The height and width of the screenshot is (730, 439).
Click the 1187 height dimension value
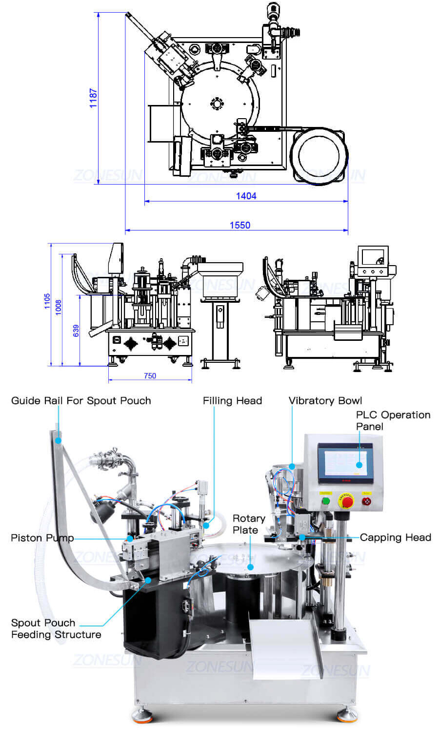point(93,98)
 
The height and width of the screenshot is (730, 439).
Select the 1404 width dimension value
point(246,196)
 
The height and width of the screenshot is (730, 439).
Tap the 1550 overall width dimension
point(239,225)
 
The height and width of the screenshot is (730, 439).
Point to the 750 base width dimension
point(150,375)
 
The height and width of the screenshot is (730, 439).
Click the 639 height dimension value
point(76,331)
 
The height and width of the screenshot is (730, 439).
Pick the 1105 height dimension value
point(47,301)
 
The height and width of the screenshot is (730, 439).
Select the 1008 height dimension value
point(59,307)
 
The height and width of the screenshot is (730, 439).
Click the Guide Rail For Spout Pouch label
point(81,400)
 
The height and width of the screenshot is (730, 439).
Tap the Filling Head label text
point(232,400)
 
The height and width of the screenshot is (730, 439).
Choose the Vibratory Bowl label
point(325,400)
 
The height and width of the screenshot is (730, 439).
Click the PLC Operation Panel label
point(393,420)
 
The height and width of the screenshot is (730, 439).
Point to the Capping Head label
point(395,537)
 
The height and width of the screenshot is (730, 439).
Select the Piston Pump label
point(42,538)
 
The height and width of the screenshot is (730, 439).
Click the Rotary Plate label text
point(249,524)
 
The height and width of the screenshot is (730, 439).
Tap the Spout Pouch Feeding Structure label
point(56,628)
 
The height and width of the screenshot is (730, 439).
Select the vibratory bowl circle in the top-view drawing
point(319,156)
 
